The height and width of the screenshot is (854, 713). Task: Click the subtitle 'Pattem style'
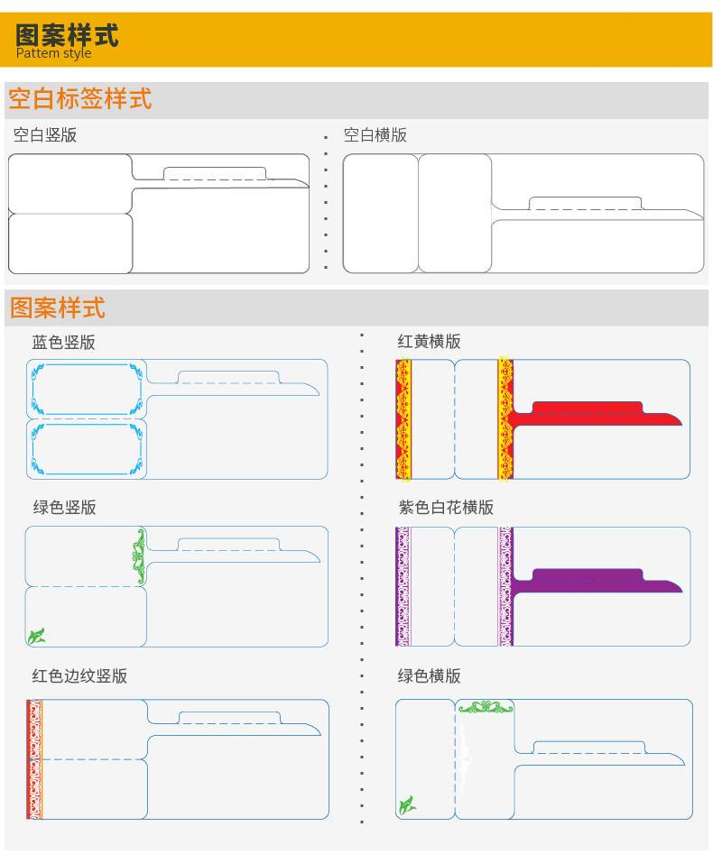pos(53,53)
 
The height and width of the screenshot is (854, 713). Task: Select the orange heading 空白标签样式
pos(80,97)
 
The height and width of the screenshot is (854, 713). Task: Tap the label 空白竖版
pos(45,135)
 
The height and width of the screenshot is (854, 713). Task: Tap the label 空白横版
pos(375,135)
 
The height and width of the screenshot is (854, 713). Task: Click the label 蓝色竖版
pos(63,343)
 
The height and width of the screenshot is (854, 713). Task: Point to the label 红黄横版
pos(430,342)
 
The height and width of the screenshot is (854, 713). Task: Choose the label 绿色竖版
pos(64,508)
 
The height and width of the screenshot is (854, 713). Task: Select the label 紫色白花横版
pos(446,508)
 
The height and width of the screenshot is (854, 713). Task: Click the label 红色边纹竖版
pos(79,676)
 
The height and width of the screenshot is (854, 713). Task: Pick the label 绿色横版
pos(430,676)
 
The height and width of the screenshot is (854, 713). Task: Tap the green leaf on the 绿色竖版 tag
pos(36,636)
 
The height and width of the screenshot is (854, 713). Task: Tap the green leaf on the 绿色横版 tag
pos(407,804)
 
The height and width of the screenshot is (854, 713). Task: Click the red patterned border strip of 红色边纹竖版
pos(35,759)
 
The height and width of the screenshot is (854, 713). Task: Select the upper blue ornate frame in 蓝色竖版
pos(87,389)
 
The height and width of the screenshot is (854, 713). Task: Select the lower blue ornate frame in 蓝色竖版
pos(87,449)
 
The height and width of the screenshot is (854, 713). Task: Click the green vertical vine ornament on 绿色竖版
pos(138,551)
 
